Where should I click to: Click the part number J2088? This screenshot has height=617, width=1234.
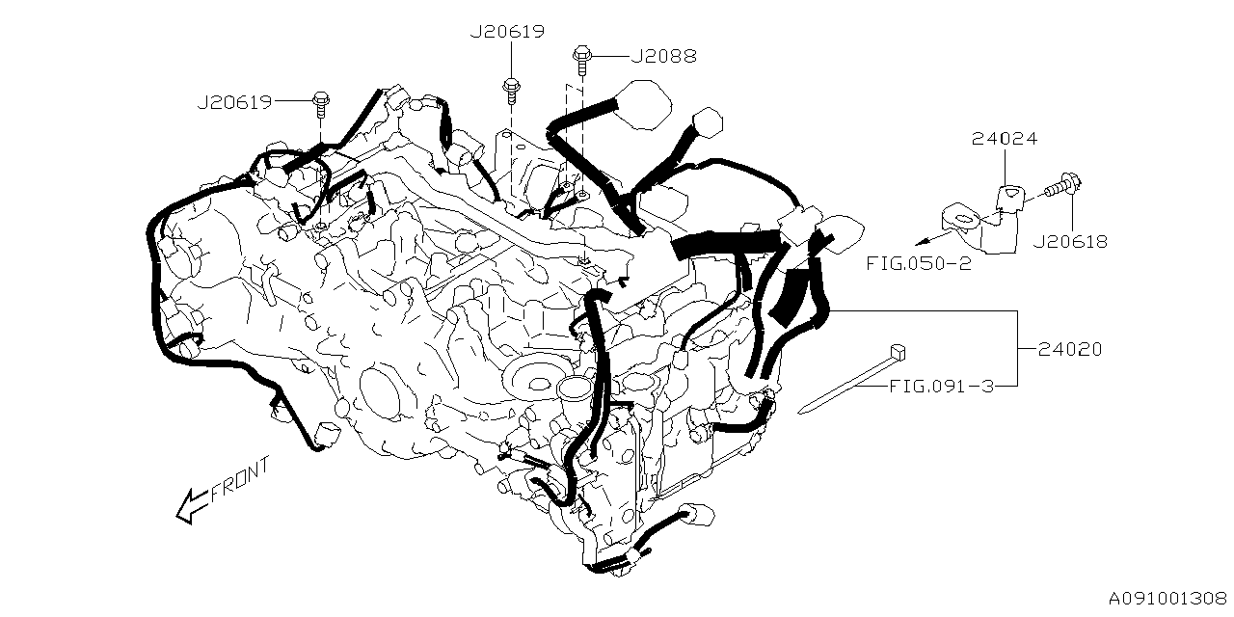[x=662, y=56]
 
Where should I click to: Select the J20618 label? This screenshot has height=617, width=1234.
[x=1069, y=242]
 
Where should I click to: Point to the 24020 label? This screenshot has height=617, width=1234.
[x=1069, y=350]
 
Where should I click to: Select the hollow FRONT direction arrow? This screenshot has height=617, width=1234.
[x=191, y=504]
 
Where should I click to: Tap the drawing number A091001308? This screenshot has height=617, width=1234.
[x=1167, y=599]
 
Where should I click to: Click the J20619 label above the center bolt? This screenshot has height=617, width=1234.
[x=507, y=32]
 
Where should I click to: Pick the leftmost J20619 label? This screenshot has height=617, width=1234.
[x=234, y=100]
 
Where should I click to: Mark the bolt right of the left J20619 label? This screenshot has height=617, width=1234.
[x=320, y=100]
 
